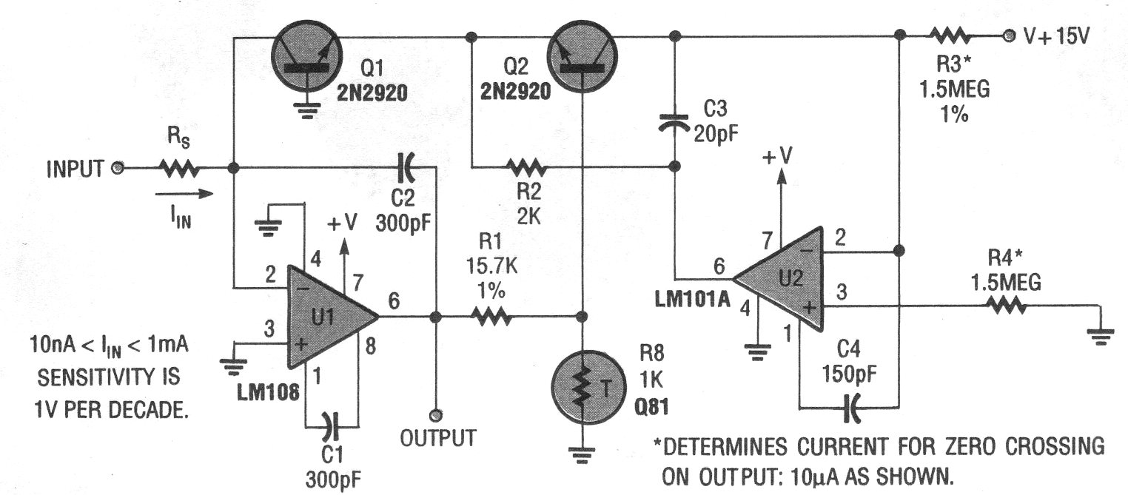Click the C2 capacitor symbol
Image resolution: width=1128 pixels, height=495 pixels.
406,168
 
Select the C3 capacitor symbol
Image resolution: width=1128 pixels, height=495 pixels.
675,121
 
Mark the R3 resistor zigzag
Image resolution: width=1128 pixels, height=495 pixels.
950,35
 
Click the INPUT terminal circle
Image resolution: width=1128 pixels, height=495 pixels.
115,168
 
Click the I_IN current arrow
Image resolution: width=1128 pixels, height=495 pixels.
185,194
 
